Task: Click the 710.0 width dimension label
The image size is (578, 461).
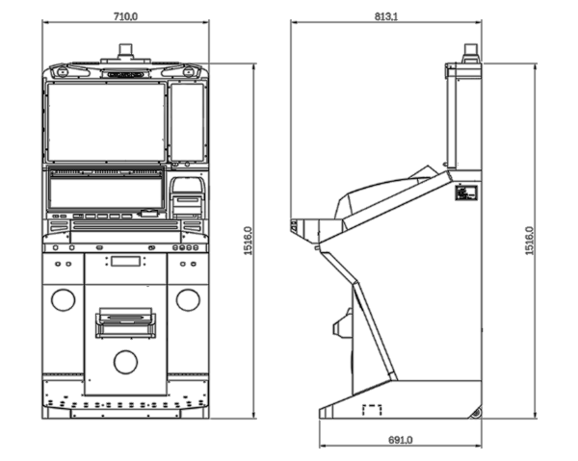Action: (x=126, y=16)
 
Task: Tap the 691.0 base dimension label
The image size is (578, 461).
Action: (x=400, y=439)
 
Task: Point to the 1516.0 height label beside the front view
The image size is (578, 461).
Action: (x=249, y=241)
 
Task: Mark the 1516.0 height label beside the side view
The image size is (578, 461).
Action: (x=529, y=241)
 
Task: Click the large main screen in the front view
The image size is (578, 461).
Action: (x=106, y=121)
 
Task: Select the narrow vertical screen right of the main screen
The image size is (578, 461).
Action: (x=187, y=122)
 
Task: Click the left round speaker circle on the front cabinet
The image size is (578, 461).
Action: (x=64, y=299)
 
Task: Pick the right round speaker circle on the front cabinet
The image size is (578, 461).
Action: (x=186, y=299)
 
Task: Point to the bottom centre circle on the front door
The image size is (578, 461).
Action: (x=125, y=362)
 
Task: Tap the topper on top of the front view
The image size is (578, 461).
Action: (x=126, y=50)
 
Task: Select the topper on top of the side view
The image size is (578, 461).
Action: (x=470, y=51)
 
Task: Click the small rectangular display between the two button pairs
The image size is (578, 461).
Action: (x=125, y=261)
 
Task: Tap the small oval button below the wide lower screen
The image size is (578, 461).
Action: (x=148, y=214)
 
